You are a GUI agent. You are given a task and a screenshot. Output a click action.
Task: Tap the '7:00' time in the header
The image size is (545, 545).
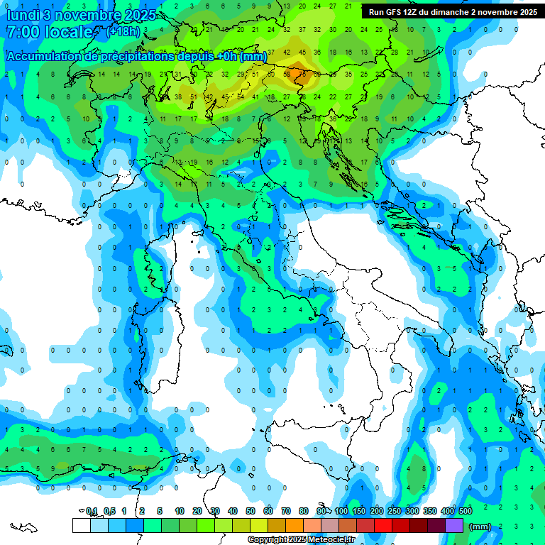22,32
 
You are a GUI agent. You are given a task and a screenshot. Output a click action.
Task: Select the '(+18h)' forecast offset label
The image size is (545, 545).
123,32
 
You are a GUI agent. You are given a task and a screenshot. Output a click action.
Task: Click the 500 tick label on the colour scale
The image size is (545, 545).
466,511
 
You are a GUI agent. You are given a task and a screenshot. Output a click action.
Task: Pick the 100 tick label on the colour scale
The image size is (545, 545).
341,511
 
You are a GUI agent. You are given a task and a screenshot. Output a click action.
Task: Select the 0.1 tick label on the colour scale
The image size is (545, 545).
92,511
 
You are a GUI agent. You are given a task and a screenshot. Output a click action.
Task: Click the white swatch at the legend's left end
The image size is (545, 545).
81,526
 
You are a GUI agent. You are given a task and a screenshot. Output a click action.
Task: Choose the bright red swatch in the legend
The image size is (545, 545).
383,526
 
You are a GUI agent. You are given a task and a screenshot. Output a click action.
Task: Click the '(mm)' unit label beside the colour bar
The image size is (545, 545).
480,527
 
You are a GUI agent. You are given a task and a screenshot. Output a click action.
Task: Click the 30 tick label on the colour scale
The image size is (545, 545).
215,511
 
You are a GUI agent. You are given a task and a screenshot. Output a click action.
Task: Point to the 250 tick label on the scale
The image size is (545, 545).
395,511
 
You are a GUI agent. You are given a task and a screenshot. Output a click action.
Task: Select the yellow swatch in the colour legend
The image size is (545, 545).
259,526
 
